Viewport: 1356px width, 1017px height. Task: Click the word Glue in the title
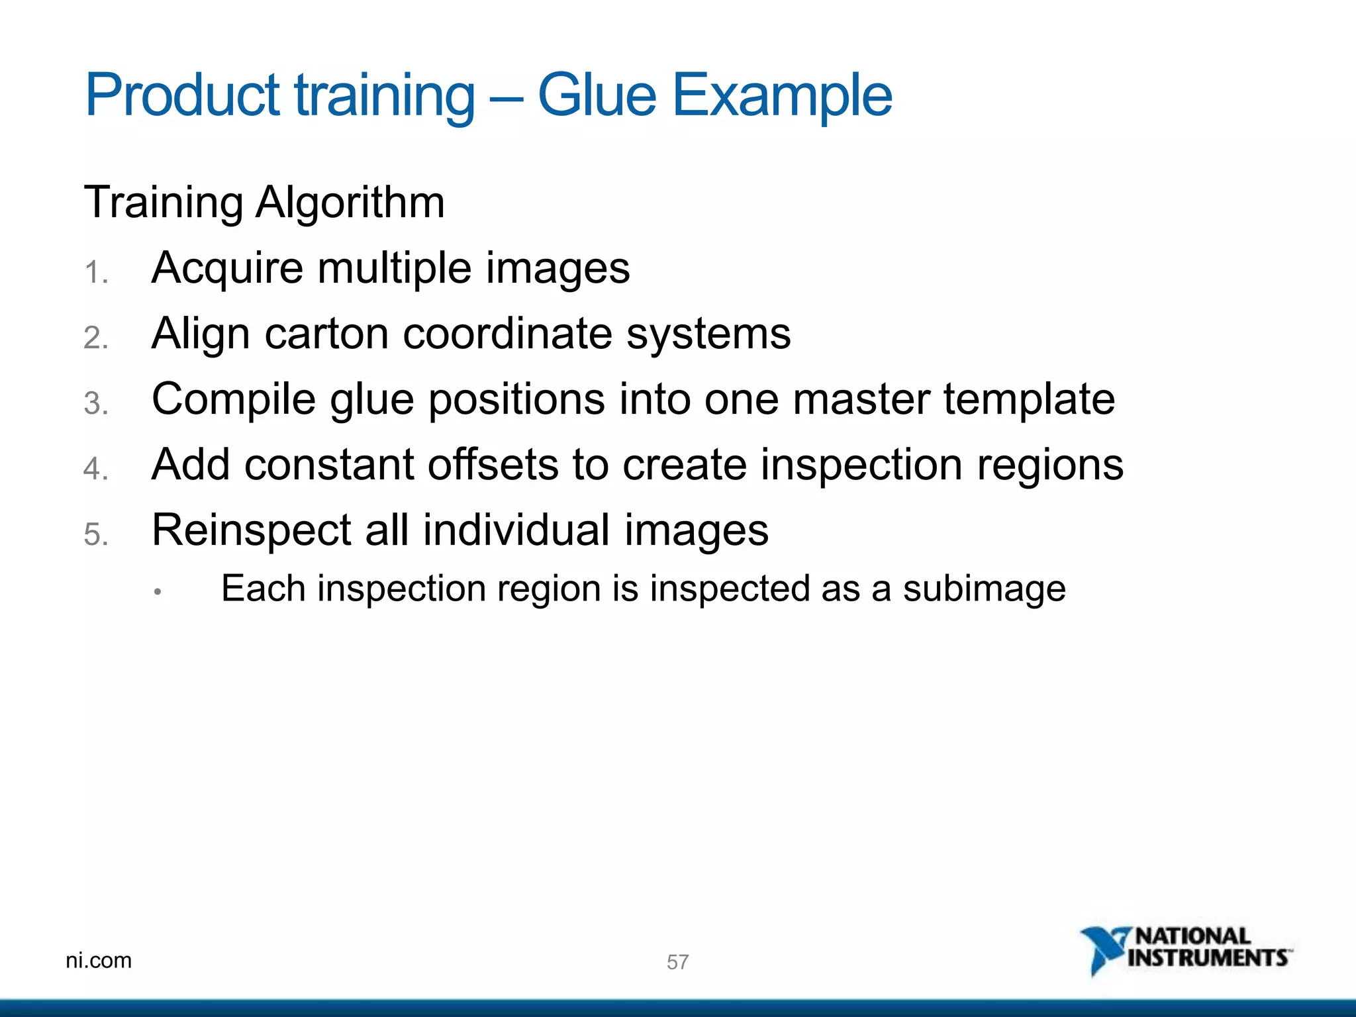click(597, 96)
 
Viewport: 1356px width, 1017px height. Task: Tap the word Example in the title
click(782, 96)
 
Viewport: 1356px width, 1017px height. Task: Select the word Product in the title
click(182, 96)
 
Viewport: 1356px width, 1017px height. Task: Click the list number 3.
click(95, 404)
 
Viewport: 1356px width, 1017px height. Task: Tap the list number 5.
click(95, 535)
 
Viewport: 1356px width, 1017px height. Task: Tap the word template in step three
click(1029, 401)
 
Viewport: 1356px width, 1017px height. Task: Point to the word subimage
click(984, 589)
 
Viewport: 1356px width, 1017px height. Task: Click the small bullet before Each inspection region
click(158, 592)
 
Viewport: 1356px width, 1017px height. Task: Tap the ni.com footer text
click(99, 960)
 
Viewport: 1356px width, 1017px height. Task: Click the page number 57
click(677, 962)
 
